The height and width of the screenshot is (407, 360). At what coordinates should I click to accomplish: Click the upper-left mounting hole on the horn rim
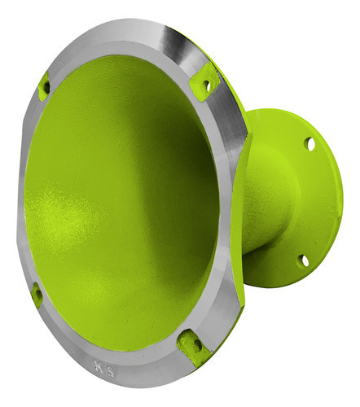[46, 85]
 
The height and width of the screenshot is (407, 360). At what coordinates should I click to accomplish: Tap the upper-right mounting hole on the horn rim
[207, 84]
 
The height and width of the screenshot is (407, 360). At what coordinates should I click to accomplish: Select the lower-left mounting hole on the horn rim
[36, 294]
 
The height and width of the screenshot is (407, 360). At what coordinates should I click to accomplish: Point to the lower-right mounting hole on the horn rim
[196, 346]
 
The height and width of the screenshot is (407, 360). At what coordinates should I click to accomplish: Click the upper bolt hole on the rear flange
[310, 143]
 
